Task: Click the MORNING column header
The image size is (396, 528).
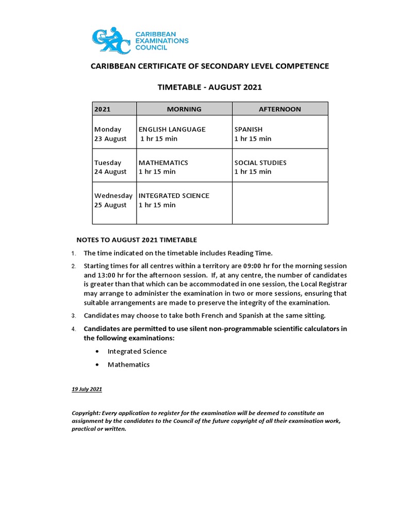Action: coord(184,109)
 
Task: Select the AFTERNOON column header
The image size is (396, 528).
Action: coord(279,109)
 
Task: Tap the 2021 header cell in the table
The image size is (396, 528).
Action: coord(103,109)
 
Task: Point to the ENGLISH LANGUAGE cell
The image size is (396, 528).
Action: coord(172,129)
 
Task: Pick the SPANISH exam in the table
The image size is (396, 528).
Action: coord(248,129)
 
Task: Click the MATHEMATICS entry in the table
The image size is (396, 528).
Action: coord(163,162)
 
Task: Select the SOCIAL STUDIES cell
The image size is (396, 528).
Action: coord(260,162)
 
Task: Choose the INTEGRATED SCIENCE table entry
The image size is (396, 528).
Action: coord(174,195)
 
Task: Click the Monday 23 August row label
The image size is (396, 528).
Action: coord(110,134)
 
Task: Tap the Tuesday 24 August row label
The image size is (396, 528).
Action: coord(110,167)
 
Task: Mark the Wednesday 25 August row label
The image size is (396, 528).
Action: coord(113,200)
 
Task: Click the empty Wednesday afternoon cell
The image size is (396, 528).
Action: coord(279,203)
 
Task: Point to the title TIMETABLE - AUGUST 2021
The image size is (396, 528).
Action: coord(209,87)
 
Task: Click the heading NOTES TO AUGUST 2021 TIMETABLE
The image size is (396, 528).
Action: coord(137,240)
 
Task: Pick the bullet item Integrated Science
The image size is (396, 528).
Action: coord(137,351)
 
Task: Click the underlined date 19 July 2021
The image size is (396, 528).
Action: coord(87,389)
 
